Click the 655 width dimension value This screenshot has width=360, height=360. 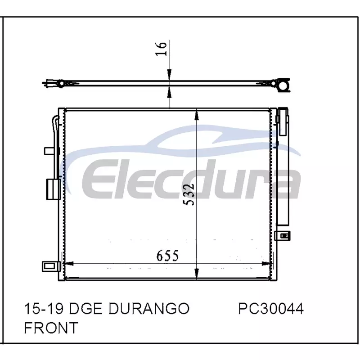pyautogui.click(x=167, y=255)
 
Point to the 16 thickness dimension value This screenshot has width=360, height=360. pyautogui.click(x=161, y=49)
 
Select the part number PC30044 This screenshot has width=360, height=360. pyautogui.click(x=271, y=308)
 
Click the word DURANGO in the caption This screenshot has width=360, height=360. pyautogui.click(x=149, y=308)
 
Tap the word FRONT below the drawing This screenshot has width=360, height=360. pyautogui.click(x=51, y=328)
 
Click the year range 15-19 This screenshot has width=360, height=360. pyautogui.click(x=44, y=308)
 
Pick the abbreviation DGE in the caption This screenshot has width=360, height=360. pyautogui.click(x=85, y=308)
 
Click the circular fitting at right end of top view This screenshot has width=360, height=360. pyautogui.click(x=284, y=85)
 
